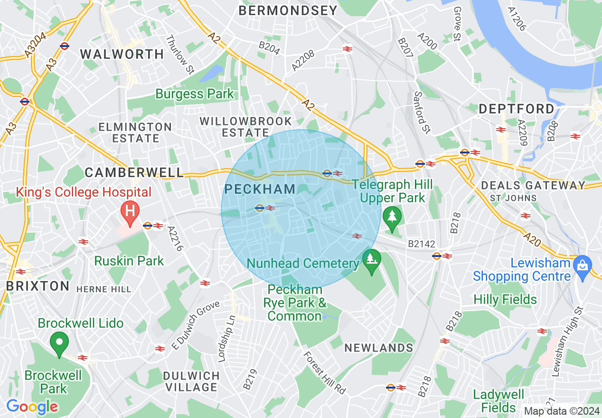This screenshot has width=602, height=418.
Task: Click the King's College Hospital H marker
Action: (130, 210)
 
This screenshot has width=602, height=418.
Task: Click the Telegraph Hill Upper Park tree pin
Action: (392, 217)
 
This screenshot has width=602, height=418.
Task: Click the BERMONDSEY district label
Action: (288, 10)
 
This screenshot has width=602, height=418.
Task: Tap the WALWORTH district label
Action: (122, 54)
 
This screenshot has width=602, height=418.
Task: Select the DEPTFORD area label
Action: (517, 109)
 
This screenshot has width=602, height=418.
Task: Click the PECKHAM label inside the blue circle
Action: (260, 189)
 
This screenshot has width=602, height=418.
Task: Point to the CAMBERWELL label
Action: (134, 172)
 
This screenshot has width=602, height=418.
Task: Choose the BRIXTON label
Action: (38, 286)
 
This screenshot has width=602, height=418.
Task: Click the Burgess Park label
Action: (195, 94)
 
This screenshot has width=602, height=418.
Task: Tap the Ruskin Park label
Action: (129, 261)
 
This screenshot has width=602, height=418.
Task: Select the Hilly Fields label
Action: (505, 300)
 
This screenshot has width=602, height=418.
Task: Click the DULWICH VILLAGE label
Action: (191, 381)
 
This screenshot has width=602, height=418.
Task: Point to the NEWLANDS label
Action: (378, 348)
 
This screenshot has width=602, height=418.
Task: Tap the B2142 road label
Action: (421, 244)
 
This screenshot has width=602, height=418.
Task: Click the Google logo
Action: (32, 407)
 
